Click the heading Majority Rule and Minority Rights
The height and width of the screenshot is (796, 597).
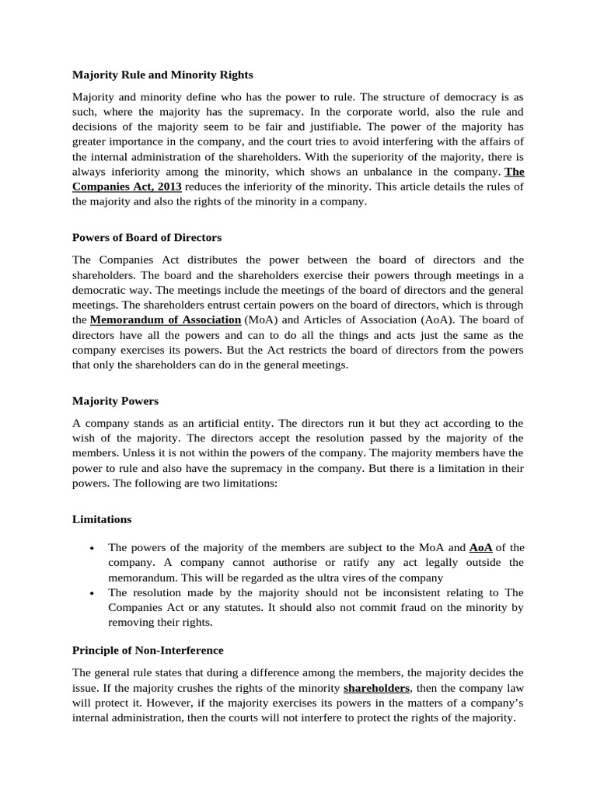pyautogui.click(x=162, y=75)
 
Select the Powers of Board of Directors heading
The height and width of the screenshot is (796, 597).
pyautogui.click(x=147, y=238)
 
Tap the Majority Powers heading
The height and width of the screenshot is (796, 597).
pyautogui.click(x=115, y=401)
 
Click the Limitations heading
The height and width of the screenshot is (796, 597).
pyautogui.click(x=102, y=519)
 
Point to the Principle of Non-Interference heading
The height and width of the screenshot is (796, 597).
pyautogui.click(x=148, y=650)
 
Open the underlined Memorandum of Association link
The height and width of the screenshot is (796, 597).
pyautogui.click(x=166, y=319)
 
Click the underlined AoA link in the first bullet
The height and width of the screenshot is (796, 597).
pyautogui.click(x=480, y=547)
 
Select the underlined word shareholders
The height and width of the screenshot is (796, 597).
pyautogui.click(x=376, y=688)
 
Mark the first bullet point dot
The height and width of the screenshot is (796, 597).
pyautogui.click(x=92, y=548)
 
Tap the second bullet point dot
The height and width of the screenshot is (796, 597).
pyautogui.click(x=92, y=592)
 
